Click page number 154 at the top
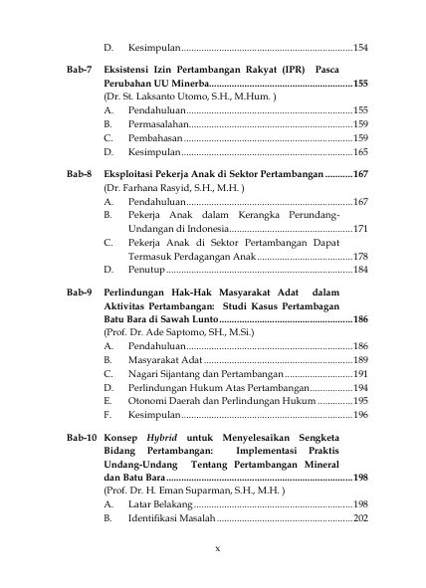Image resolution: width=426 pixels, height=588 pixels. click(x=360, y=47)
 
